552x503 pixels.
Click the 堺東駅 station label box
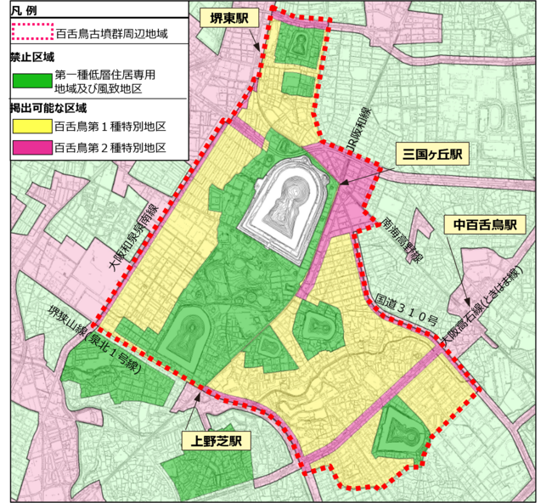tap(226, 20)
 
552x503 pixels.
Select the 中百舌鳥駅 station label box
tap(485, 225)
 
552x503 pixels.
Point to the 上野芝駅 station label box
tap(212, 441)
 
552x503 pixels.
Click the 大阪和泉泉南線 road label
tap(132, 238)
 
